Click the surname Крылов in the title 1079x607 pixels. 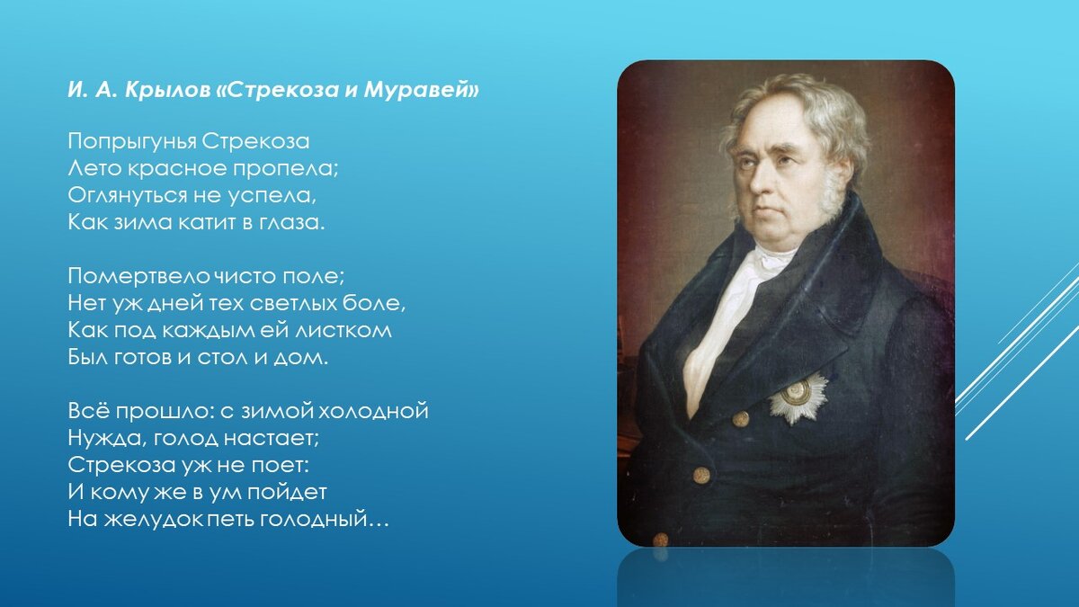[x=167, y=90]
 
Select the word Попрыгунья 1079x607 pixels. [x=131, y=142]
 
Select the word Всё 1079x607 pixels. [x=89, y=411]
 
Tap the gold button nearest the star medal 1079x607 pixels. [x=740, y=419]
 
